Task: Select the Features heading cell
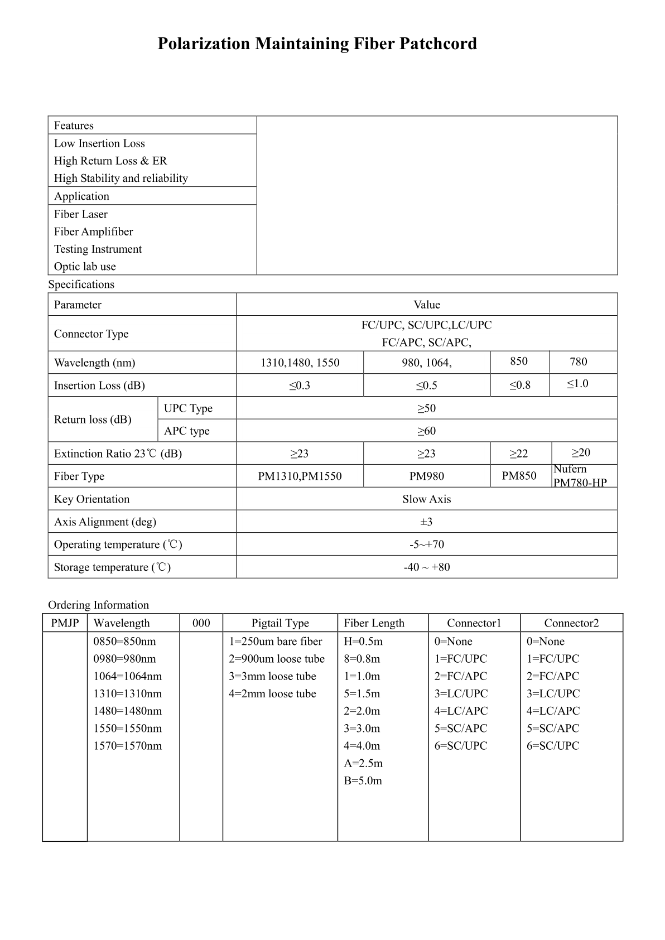(74, 126)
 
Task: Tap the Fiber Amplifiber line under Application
(93, 232)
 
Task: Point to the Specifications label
(81, 285)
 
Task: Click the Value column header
(426, 305)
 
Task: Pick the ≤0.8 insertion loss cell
(519, 385)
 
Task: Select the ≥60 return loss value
(426, 431)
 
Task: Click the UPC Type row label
(188, 408)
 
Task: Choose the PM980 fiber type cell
(426, 476)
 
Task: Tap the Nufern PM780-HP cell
(580, 476)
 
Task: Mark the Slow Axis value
(426, 499)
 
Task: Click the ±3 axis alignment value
(426, 522)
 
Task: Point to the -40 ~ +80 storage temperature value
(426, 567)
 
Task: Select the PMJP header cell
(65, 623)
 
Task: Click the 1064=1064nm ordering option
(128, 676)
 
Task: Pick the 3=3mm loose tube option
(272, 676)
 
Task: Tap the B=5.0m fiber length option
(363, 780)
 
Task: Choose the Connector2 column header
(571, 623)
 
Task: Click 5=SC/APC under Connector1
(461, 728)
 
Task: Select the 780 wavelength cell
(578, 361)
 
